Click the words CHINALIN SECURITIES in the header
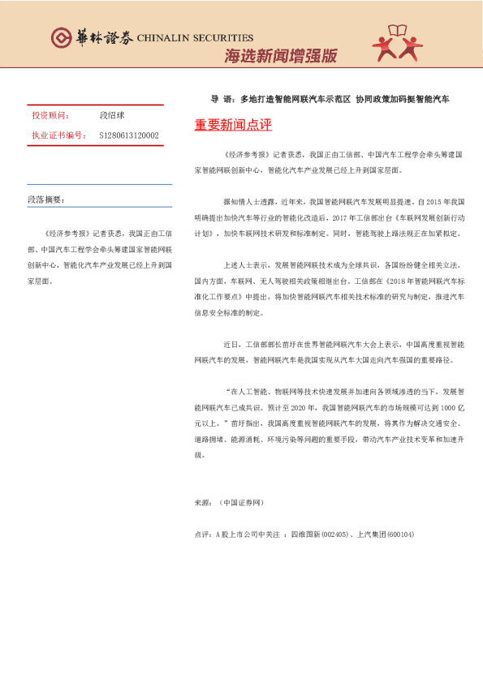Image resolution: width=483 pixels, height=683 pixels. coord(196,37)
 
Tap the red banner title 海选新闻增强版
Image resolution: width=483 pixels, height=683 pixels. coord(280,55)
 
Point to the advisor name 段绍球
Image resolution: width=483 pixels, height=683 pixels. coord(112,116)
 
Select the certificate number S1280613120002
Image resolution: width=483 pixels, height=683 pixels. coord(129,135)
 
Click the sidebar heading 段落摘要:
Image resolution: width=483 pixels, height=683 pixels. coord(45,199)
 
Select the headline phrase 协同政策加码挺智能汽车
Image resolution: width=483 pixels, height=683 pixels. coord(403,99)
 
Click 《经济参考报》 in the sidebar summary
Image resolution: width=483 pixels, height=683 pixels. coord(67,231)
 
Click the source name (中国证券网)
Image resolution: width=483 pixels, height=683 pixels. coord(242,504)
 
